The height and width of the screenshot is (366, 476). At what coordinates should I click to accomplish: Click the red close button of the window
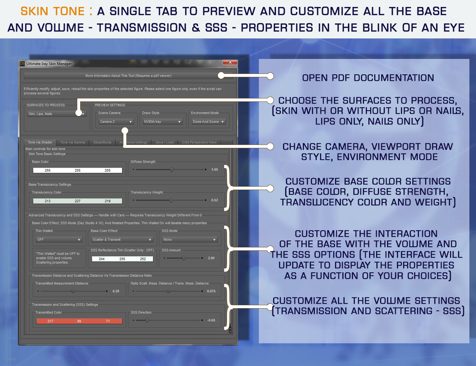(x=230, y=62)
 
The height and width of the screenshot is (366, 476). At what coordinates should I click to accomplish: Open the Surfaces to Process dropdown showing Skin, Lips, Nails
(x=56, y=114)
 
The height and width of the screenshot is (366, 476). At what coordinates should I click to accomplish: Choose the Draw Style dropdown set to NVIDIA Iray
(x=162, y=122)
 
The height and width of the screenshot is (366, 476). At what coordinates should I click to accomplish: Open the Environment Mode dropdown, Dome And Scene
(x=208, y=122)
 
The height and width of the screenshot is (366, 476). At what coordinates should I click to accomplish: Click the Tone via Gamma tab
(x=72, y=142)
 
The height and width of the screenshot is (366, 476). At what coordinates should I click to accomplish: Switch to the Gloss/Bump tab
(x=102, y=142)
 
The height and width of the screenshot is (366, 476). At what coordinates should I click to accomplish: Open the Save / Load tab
(x=164, y=142)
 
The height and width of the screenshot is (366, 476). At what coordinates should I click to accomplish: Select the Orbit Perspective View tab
(x=199, y=142)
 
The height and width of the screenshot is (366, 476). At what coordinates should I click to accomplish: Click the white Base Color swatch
(x=78, y=170)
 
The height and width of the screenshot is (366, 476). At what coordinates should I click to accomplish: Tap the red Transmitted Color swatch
(x=79, y=321)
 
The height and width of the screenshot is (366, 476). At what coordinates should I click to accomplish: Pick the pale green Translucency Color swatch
(x=78, y=201)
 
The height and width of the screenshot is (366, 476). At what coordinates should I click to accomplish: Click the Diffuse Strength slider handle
(x=171, y=170)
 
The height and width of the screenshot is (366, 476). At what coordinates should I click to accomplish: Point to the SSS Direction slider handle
(x=147, y=321)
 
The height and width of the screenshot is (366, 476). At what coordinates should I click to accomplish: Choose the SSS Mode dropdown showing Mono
(x=190, y=240)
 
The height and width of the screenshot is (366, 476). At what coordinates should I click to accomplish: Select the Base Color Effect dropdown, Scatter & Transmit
(x=122, y=240)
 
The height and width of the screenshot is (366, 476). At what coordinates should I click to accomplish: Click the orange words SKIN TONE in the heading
(x=53, y=11)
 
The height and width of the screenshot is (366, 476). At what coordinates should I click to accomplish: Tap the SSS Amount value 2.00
(x=211, y=258)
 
